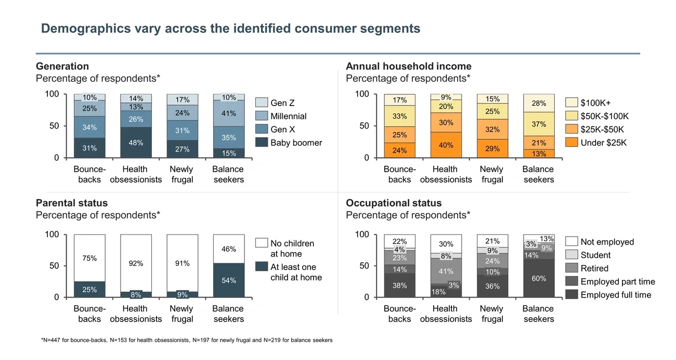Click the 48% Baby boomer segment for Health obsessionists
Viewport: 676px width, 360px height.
pos(136,143)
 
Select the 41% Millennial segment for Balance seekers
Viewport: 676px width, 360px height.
pos(229,113)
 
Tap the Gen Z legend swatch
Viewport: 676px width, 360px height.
pos(262,103)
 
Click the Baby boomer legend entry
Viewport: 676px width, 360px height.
pos(296,143)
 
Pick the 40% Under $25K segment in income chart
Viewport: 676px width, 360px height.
pos(446,145)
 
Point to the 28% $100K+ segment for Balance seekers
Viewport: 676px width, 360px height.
pos(539,104)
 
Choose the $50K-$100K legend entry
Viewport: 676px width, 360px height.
pos(604,116)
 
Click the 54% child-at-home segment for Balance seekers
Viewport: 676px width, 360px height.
pos(229,280)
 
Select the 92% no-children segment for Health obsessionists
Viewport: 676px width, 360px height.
pos(136,263)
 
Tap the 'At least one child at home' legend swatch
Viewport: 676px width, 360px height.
pos(262,267)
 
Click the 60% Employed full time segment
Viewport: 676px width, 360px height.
pos(539,278)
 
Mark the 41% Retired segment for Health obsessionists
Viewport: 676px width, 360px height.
pos(446,271)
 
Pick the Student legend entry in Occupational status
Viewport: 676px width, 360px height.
pos(595,255)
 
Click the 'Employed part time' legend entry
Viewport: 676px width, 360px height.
pos(617,281)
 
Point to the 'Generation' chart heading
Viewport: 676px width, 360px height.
pos(62,66)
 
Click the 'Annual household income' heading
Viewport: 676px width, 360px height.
pos(408,66)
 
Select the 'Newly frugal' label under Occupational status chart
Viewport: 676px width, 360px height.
pos(492,314)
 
